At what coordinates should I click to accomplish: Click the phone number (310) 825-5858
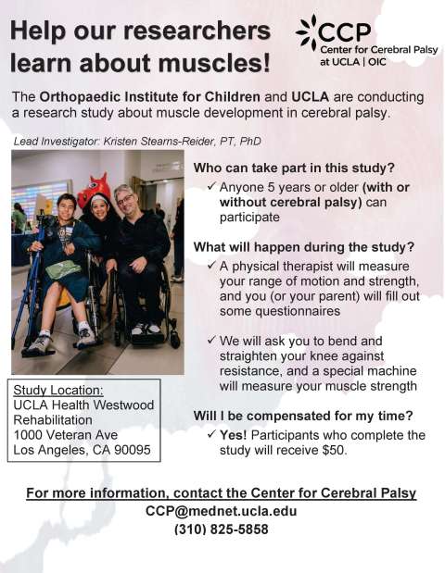pos(221,530)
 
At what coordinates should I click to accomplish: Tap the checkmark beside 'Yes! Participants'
pos(212,435)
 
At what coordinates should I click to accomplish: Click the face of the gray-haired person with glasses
pos(124,200)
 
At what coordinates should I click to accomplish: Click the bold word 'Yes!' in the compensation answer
pos(235,435)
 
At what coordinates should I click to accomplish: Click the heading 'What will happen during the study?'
pos(304,247)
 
